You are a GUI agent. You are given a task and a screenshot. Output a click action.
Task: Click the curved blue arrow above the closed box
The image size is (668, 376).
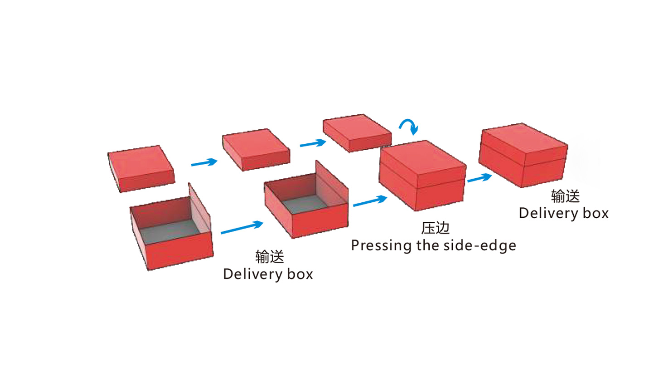[x=409, y=126]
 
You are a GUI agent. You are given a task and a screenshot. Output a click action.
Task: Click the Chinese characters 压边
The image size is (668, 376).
[x=435, y=228]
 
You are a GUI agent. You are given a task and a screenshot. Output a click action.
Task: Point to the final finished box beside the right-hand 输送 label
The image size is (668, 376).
[x=523, y=154]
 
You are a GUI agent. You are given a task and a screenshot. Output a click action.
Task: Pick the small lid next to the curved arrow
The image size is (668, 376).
[x=357, y=132]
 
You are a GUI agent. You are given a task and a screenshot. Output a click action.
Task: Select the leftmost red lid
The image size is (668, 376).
[x=141, y=168]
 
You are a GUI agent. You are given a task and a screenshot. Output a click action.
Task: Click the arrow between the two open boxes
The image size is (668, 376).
[x=242, y=228]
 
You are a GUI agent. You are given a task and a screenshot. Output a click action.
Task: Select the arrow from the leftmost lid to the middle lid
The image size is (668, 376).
[x=204, y=162]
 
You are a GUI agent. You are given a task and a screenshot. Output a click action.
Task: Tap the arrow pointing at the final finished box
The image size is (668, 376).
[x=479, y=178]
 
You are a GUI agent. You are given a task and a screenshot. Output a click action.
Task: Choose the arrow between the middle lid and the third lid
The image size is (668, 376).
[x=313, y=144]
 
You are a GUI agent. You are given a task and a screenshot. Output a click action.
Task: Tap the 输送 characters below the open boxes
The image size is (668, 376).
[x=270, y=257]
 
